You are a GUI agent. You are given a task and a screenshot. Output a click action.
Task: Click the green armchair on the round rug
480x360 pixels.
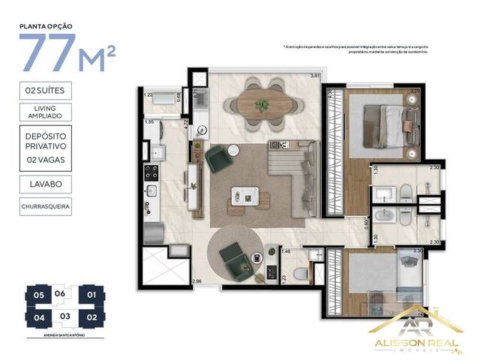[234, 259]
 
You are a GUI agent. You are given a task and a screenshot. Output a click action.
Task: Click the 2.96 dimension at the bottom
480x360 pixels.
[197, 280]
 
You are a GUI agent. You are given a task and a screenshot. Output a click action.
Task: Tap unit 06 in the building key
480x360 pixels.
[61, 293]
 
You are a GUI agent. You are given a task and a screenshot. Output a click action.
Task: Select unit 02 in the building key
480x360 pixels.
[91, 317]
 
